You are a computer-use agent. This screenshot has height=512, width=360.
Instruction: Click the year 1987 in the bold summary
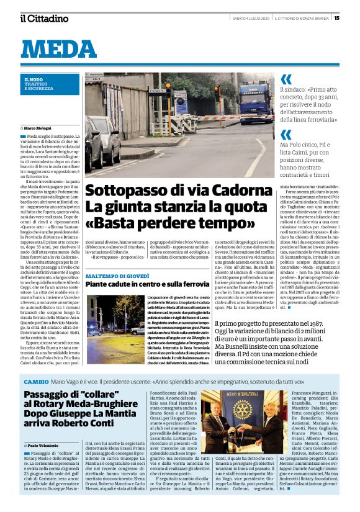[313, 323]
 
